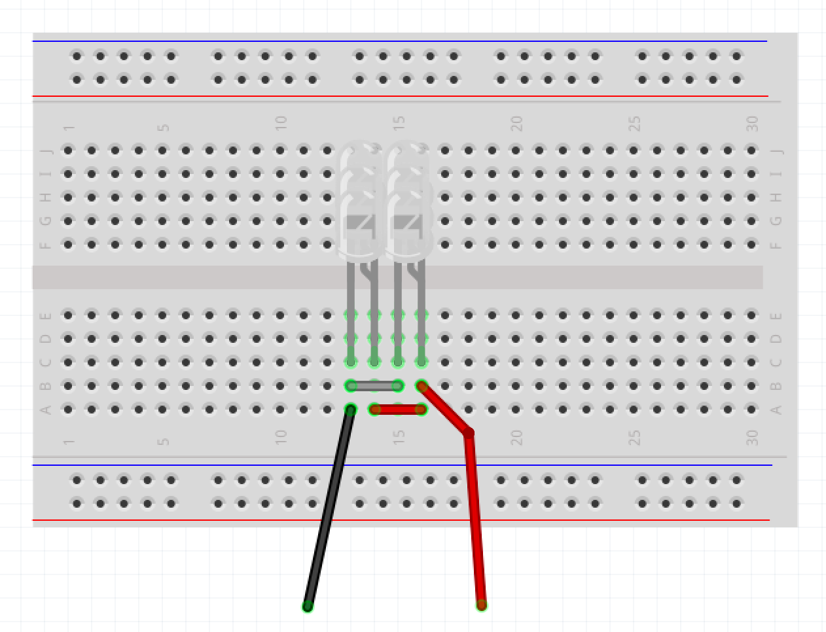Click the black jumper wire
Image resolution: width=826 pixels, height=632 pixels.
[x=329, y=507]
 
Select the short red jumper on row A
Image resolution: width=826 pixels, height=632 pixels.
[x=398, y=410]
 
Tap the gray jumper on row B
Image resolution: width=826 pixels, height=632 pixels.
[x=374, y=386]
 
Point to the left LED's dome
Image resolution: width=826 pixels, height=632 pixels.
[x=359, y=196]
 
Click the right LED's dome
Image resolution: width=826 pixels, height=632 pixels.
[x=408, y=196]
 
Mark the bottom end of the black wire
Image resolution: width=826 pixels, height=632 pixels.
[x=308, y=606]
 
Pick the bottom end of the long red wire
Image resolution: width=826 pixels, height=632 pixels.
[x=481, y=605]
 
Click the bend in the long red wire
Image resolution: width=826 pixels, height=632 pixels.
[x=469, y=432]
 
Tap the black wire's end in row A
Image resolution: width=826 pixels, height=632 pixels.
[x=351, y=410]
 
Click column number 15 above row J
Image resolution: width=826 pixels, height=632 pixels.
[x=399, y=122]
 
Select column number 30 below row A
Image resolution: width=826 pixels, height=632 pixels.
[x=752, y=437]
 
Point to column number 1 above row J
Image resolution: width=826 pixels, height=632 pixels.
[x=69, y=127]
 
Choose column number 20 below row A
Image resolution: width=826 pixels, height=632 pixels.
[x=516, y=437]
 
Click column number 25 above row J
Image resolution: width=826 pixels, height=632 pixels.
[x=634, y=122]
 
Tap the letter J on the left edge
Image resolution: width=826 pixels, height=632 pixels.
[x=46, y=151]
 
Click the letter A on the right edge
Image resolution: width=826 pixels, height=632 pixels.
[x=776, y=410]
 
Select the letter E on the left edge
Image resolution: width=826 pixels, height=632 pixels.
[x=46, y=316]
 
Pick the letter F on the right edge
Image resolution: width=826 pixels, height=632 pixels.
[x=776, y=245]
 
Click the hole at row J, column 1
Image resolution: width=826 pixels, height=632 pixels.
[x=68, y=150]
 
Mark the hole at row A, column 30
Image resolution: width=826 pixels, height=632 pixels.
[x=751, y=410]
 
